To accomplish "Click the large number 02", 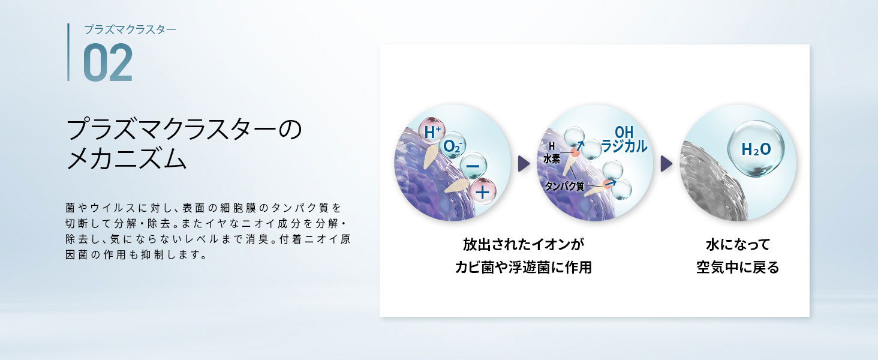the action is (x=108, y=62).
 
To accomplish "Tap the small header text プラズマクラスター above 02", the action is (x=130, y=29).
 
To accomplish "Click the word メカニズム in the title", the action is (x=126, y=158).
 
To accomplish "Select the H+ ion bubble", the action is (x=432, y=131).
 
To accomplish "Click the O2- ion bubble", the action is (x=453, y=146).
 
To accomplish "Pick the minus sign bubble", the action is (x=473, y=166).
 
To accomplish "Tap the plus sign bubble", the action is (x=483, y=192).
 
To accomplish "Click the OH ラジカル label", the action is (x=624, y=139).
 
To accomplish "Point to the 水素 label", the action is (x=552, y=158).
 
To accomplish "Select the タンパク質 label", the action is (x=564, y=186).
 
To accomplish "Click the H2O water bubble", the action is (x=756, y=149).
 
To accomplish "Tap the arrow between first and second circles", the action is (x=524, y=164).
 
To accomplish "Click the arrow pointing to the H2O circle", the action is (x=666, y=164).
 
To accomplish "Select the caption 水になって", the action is (x=738, y=245).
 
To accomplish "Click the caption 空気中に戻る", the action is (x=738, y=268).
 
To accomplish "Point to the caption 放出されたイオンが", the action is (x=524, y=245).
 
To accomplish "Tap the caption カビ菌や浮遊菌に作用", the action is (x=524, y=268).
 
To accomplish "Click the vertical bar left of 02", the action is (x=68, y=52).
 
